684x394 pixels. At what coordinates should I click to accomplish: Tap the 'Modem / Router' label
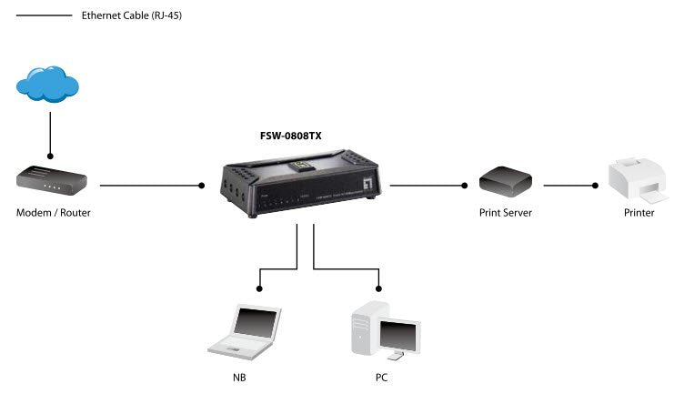[54, 213]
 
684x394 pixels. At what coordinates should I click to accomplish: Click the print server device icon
[505, 181]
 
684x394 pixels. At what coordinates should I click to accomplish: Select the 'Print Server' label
[505, 213]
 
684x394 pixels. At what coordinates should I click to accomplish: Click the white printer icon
[638, 179]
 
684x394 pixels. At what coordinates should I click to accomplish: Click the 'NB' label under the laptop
[239, 376]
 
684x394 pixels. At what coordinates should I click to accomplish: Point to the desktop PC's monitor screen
[400, 335]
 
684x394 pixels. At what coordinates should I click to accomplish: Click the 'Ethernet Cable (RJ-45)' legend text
[131, 15]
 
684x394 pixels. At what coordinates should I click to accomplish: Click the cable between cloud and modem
[50, 132]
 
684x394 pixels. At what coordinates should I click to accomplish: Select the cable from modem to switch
[150, 186]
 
